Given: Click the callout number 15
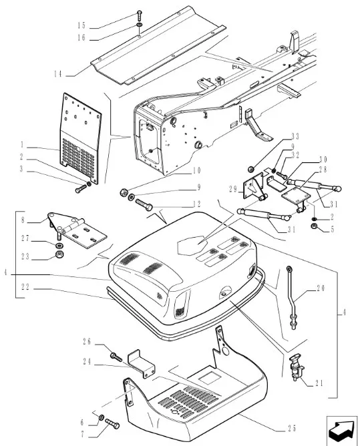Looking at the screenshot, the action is point(81,25).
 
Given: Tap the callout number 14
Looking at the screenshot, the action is point(57,74).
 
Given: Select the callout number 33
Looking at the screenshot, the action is point(295,137).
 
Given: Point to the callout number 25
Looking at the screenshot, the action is point(292,428).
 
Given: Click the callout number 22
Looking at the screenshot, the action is point(25,287).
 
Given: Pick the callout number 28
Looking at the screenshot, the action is point(323,170).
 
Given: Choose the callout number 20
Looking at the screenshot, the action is point(321,288).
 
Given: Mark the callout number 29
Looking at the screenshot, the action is point(233,189).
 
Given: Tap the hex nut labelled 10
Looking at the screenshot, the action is point(123,193).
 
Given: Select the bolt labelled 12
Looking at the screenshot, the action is point(144,205).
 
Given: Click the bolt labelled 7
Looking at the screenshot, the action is point(112,423).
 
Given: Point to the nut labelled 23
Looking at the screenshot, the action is point(59,254).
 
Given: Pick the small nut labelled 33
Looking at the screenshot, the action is point(250,169).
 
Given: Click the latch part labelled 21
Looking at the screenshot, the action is point(297,367).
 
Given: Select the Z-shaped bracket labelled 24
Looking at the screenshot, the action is point(142,364).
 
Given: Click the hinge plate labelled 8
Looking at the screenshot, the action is point(77,229).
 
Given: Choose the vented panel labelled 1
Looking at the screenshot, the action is point(81,139).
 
